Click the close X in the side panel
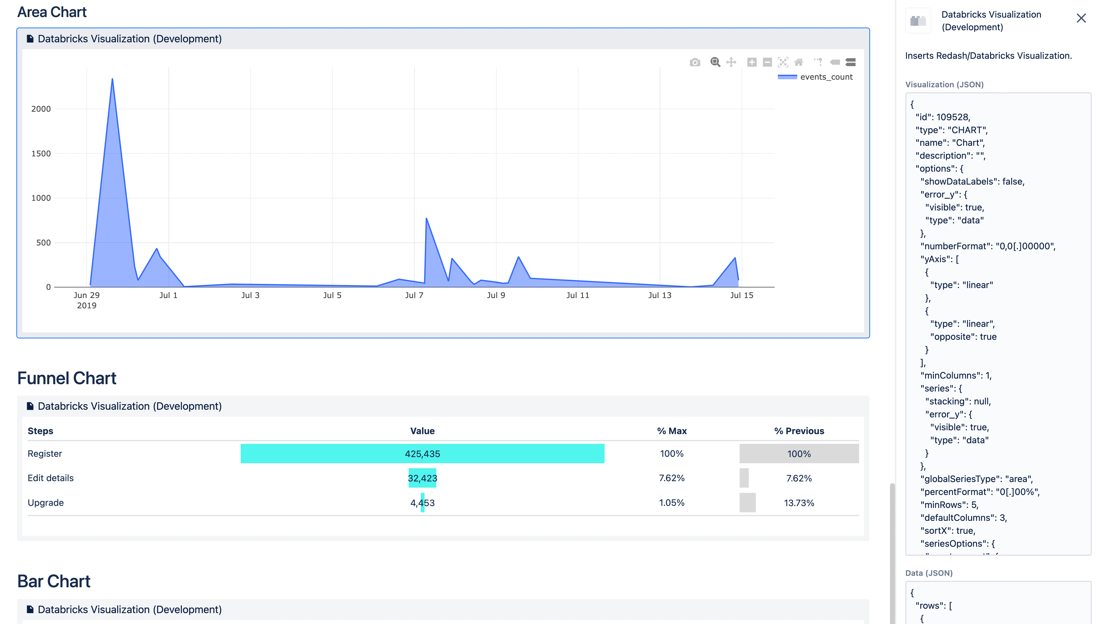1081,18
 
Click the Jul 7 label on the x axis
414,295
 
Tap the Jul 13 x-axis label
659,295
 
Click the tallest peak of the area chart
112,79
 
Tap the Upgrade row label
46,503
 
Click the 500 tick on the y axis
43,242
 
